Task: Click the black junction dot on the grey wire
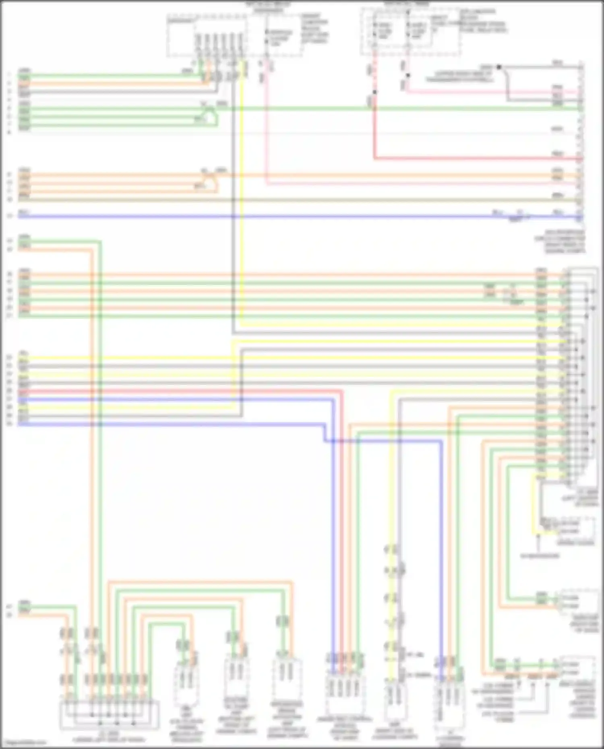pyautogui.click(x=499, y=67)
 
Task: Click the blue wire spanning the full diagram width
pyautogui.click(x=282, y=217)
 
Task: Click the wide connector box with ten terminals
pyautogui.click(x=109, y=715)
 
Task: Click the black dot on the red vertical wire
pyautogui.click(x=374, y=92)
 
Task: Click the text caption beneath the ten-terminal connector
pyautogui.click(x=109, y=737)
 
